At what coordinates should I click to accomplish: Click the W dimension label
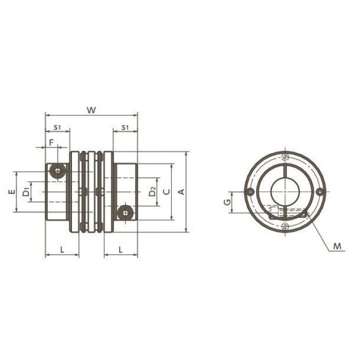pyautogui.click(x=92, y=110)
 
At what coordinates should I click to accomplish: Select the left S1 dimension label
pyautogui.click(x=57, y=127)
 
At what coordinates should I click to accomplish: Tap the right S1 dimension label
pyautogui.click(x=125, y=127)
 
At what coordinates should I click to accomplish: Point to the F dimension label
pyautogui.click(x=51, y=142)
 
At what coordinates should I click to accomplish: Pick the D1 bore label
pyautogui.click(x=26, y=192)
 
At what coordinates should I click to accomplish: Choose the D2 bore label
pyautogui.click(x=152, y=192)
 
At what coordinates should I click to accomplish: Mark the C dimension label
pyautogui.click(x=167, y=192)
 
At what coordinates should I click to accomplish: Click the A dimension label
pyautogui.click(x=182, y=192)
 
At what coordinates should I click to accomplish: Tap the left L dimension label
pyautogui.click(x=62, y=249)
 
